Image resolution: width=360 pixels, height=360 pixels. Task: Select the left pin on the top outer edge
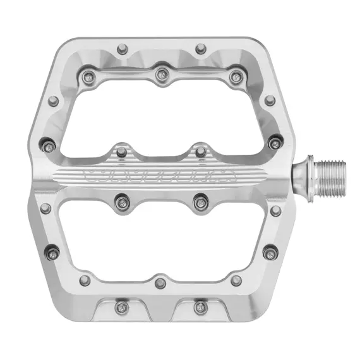(121, 47)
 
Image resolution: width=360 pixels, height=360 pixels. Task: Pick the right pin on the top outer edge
(200, 47)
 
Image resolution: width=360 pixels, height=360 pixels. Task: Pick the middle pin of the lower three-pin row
(160, 282)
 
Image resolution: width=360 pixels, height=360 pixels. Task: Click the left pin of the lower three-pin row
(84, 280)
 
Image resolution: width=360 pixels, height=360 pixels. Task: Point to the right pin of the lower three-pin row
(236, 280)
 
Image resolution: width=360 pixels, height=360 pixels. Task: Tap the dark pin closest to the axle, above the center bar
(274, 143)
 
